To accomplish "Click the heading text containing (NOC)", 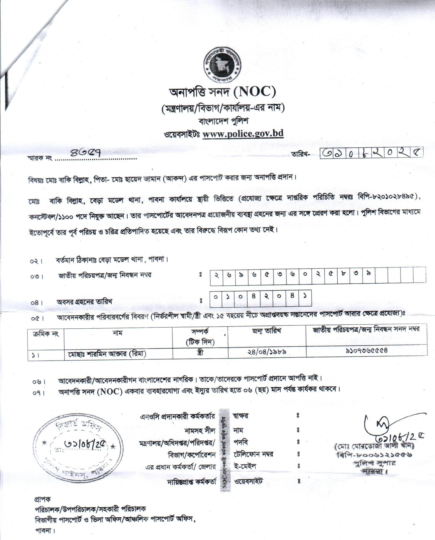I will pos(222,92).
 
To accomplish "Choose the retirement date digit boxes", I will pos(260,298).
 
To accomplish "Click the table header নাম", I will pos(118,333).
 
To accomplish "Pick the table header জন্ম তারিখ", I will pos(267,331).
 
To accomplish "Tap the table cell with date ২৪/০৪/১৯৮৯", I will pos(267,352).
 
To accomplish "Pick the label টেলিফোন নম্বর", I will pos(254,454).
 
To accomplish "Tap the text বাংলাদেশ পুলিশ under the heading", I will pos(223,121).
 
